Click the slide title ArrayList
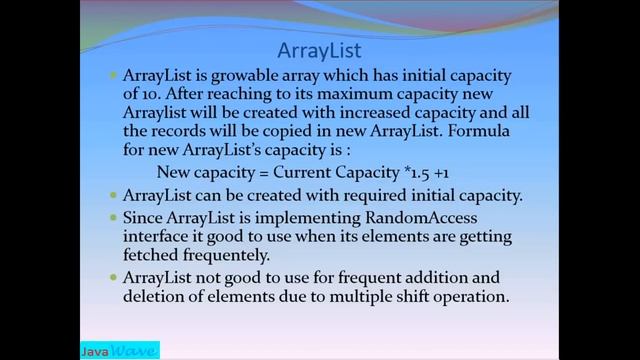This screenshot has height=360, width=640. (319, 49)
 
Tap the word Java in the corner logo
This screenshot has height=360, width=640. (97, 351)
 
